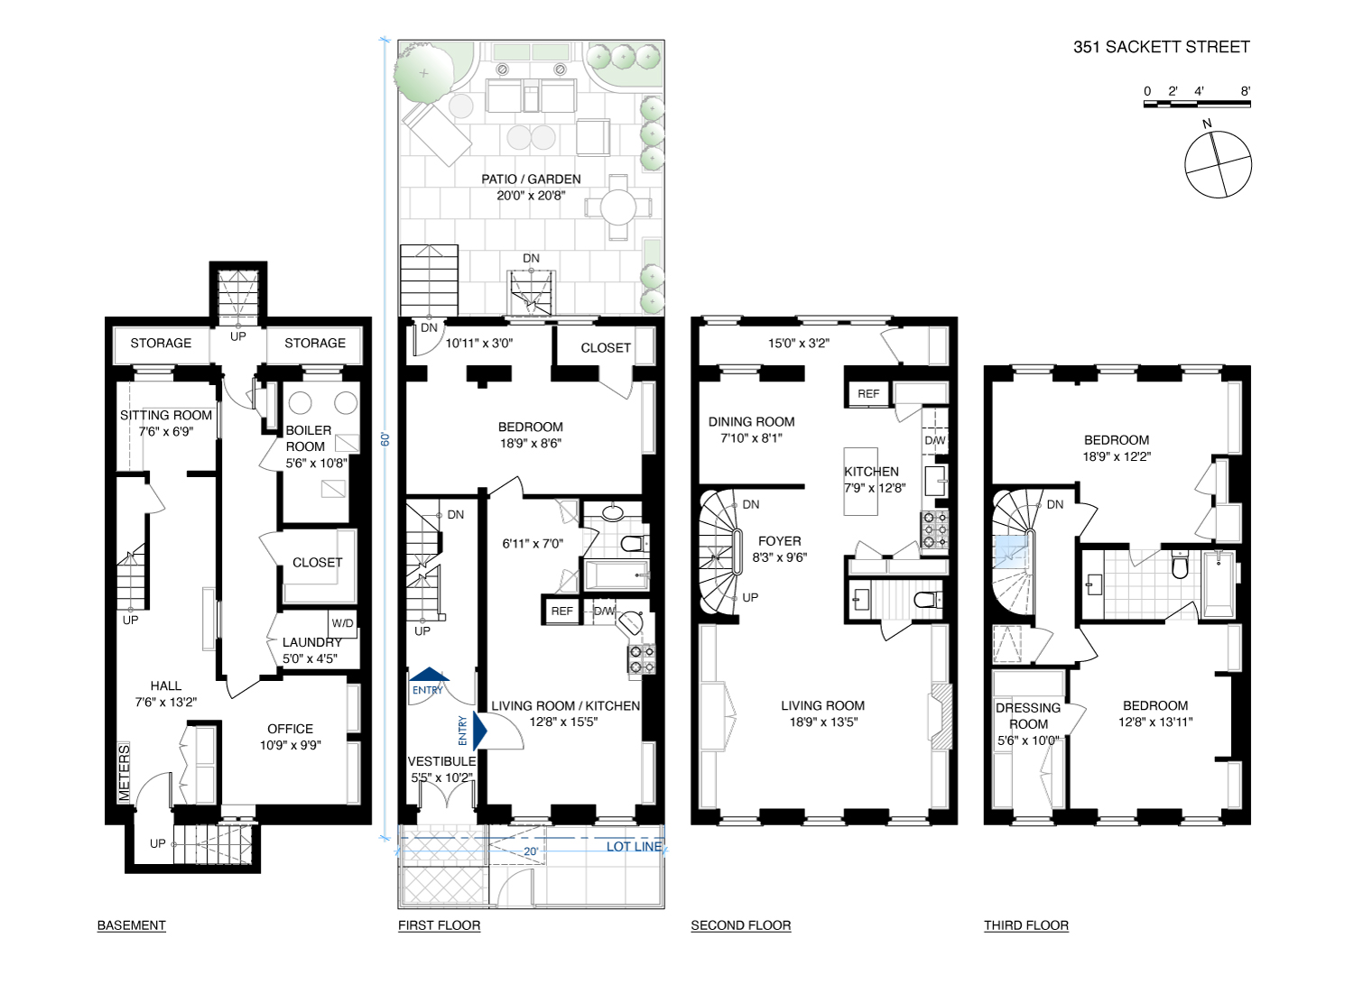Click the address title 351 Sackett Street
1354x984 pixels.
point(1161,47)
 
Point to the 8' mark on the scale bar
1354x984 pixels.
point(1245,91)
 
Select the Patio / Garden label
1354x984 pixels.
point(531,179)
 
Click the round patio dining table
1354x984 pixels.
point(617,207)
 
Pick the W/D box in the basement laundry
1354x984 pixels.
point(343,623)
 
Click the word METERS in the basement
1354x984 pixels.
point(124,773)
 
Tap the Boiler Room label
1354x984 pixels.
point(309,438)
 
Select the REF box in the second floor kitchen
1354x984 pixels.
point(868,394)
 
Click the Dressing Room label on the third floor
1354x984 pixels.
point(1028,716)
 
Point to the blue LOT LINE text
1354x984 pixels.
point(634,846)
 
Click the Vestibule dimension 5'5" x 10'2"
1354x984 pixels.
point(442,777)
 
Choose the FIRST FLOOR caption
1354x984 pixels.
point(439,925)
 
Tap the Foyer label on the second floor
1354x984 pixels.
point(780,541)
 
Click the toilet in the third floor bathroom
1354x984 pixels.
point(1179,565)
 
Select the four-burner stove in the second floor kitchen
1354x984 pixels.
point(934,529)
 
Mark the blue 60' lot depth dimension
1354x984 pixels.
point(385,439)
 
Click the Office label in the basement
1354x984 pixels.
point(290,729)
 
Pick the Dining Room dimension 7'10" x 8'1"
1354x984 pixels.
point(751,438)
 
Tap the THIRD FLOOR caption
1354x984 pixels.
point(1026,925)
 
